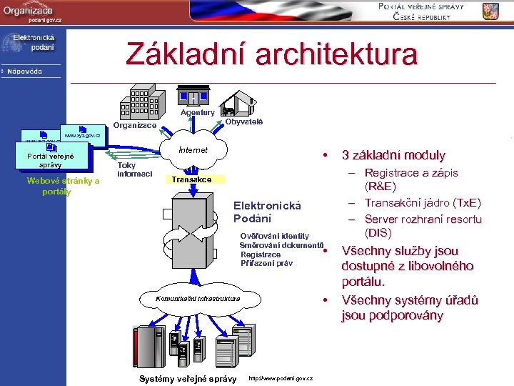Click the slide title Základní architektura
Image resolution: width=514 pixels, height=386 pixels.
click(x=271, y=54)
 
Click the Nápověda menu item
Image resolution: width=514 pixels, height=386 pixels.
click(x=25, y=71)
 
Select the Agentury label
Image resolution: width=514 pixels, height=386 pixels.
click(x=197, y=112)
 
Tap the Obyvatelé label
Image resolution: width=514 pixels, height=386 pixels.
click(x=244, y=122)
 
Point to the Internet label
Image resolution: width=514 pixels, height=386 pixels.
click(x=193, y=150)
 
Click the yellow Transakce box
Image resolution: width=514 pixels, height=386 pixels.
click(x=191, y=179)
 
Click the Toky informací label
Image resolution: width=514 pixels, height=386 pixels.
click(x=134, y=169)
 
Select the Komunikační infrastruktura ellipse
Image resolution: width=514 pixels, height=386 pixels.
click(x=198, y=297)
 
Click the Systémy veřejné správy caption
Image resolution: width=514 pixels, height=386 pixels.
click(x=188, y=378)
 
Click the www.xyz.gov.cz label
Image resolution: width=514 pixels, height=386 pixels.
click(x=87, y=135)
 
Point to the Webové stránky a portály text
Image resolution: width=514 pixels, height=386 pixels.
click(x=62, y=186)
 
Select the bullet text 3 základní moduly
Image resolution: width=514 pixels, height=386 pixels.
click(x=393, y=155)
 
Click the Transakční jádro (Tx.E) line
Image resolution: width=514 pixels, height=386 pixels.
click(x=423, y=203)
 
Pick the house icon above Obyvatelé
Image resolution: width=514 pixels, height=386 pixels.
click(x=241, y=102)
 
